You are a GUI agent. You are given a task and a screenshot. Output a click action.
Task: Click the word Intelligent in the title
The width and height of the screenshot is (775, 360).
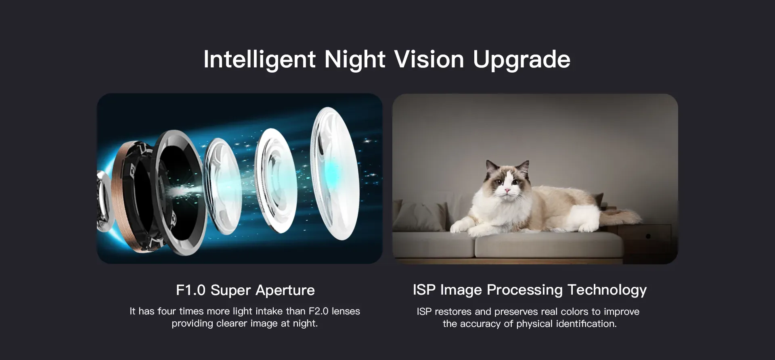259,60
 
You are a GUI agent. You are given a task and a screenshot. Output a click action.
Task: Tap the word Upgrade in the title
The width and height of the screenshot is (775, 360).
522,60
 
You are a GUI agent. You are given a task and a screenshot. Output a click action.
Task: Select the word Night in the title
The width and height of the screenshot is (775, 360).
355,60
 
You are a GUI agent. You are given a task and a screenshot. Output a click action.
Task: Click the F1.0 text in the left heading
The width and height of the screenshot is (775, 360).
191,290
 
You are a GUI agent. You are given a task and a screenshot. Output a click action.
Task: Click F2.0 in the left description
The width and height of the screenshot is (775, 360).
319,311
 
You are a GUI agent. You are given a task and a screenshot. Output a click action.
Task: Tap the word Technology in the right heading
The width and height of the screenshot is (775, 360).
607,290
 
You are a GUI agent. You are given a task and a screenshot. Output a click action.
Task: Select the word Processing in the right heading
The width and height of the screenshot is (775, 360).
525,290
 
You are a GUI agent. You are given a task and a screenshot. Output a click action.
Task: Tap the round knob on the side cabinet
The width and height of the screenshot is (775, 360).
648,236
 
